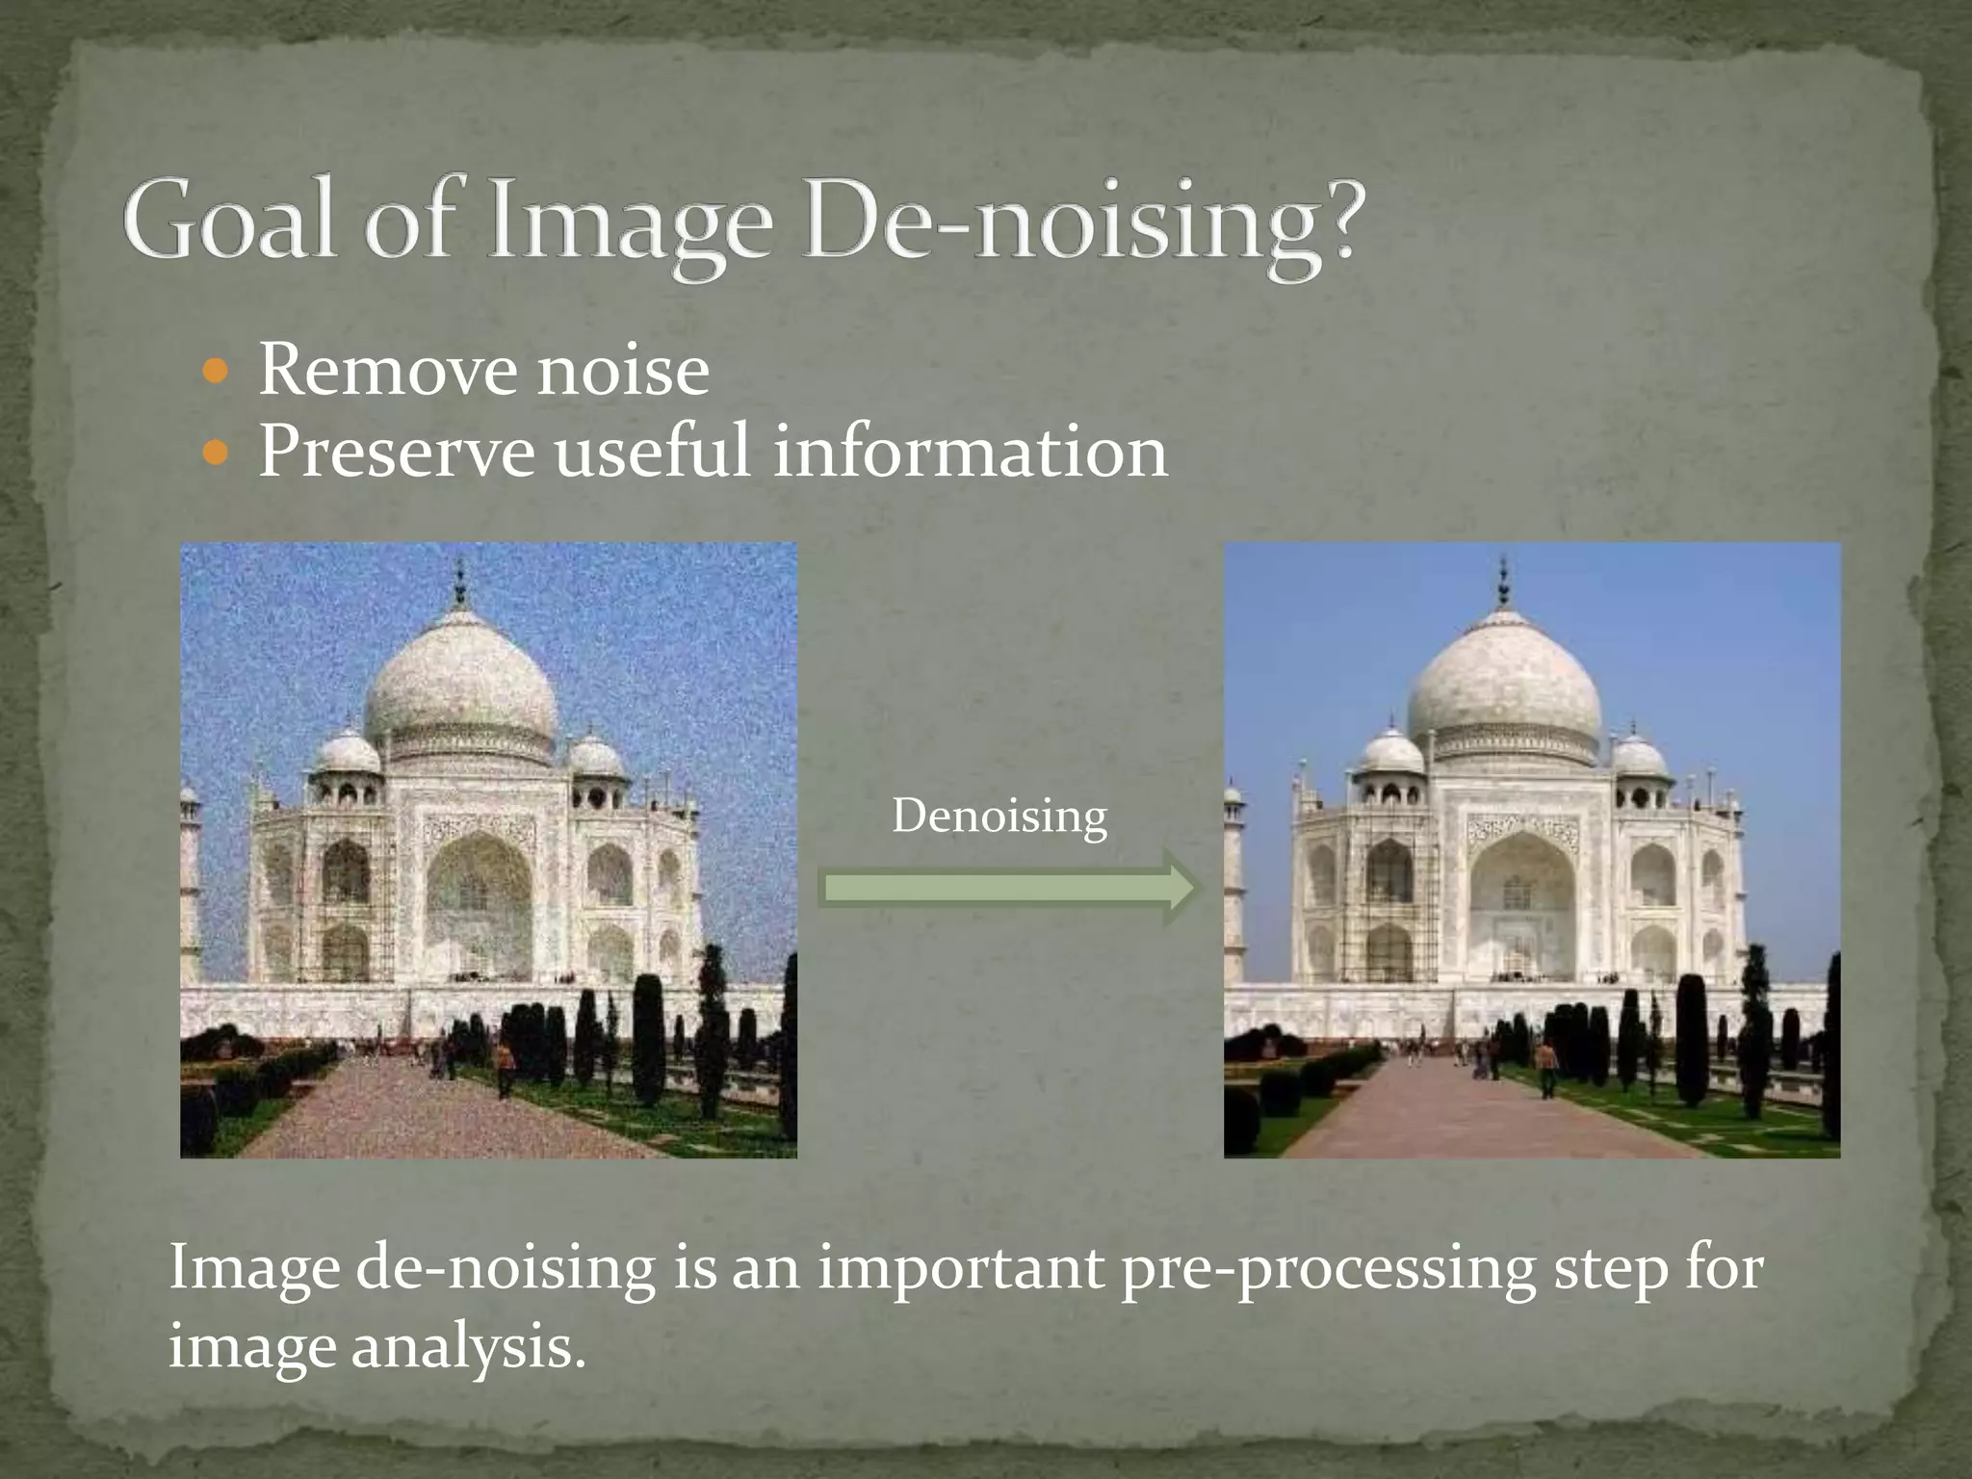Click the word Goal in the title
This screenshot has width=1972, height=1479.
click(x=230, y=220)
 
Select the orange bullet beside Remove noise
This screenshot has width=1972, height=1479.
click(x=218, y=372)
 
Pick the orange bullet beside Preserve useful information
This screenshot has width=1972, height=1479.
click(x=218, y=453)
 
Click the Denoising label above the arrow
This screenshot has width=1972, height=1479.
click(x=999, y=817)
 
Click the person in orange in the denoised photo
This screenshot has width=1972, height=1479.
click(x=1546, y=1065)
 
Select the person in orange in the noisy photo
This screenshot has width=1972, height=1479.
click(x=504, y=1065)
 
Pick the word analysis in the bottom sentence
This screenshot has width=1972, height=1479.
click(x=468, y=1346)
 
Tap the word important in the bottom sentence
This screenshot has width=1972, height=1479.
click(x=960, y=1269)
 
